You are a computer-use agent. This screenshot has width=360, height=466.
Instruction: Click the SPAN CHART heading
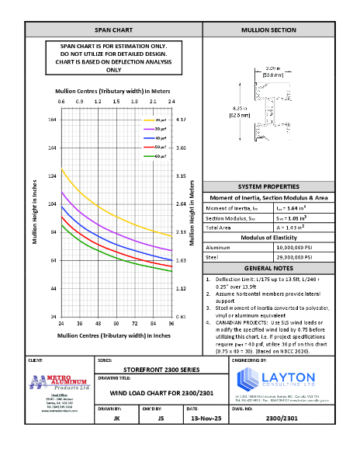(x=113, y=30)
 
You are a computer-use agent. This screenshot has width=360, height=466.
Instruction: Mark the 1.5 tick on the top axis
(x=116, y=102)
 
